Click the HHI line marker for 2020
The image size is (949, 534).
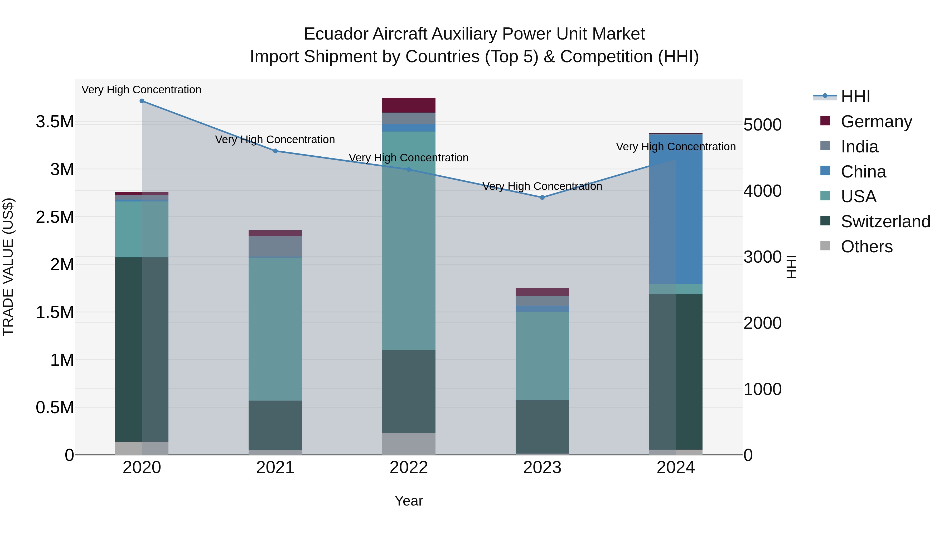[x=142, y=101]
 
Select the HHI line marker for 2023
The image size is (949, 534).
[x=542, y=198]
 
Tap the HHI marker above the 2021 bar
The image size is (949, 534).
[x=275, y=151]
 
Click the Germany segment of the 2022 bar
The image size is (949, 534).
[x=409, y=105]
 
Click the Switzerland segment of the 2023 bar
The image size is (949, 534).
[x=542, y=427]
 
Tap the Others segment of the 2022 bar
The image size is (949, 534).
[x=409, y=444]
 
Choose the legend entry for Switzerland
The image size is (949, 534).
[x=885, y=222]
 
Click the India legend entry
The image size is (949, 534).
[x=859, y=147]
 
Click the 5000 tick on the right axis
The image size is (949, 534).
[x=762, y=125]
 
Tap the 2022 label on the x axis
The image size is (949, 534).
[x=409, y=468]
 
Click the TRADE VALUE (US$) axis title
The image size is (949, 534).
[x=8, y=267]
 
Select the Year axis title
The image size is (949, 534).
[x=409, y=501]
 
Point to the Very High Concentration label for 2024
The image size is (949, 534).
[x=676, y=147]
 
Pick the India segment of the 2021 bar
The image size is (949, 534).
[x=275, y=246]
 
